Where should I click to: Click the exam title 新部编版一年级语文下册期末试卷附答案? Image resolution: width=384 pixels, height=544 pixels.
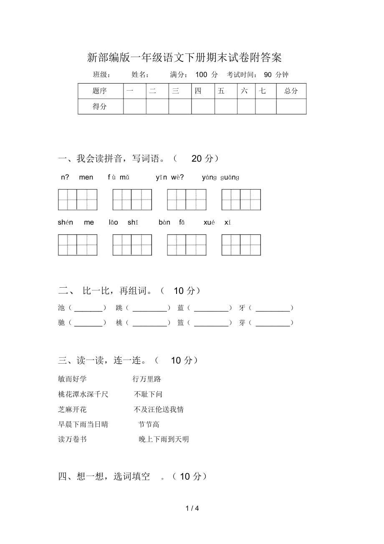(184, 57)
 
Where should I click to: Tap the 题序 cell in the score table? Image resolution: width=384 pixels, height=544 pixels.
(100, 91)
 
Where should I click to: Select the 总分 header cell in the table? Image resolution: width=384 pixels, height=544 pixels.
(291, 91)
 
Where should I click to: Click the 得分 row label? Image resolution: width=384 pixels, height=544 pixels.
(100, 106)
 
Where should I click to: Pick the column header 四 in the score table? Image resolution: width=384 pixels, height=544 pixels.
(198, 91)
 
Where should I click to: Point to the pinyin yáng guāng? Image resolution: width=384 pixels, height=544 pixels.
(220, 177)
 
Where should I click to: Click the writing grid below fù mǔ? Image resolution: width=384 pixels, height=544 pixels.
(132, 200)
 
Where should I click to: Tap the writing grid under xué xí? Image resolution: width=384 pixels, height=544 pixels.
(241, 245)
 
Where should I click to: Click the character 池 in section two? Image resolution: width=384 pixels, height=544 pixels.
(62, 308)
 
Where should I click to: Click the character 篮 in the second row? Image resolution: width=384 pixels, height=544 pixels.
(181, 323)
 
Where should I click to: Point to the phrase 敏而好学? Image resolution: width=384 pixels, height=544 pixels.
(73, 379)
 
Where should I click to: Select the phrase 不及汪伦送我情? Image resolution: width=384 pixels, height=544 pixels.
(159, 410)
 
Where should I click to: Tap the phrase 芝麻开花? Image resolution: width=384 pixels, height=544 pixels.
(73, 410)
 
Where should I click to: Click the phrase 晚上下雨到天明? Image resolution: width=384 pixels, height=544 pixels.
(164, 439)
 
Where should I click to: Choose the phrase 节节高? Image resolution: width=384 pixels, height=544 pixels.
(149, 425)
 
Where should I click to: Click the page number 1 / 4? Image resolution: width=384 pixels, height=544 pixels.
(192, 509)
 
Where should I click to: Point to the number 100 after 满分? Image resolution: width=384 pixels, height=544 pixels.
(201, 75)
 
